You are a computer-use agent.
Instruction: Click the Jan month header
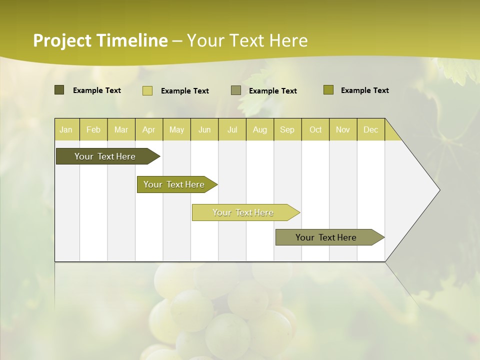click(66, 129)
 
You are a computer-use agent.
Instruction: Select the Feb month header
click(93, 129)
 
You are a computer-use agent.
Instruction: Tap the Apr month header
click(148, 129)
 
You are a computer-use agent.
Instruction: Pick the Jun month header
click(204, 129)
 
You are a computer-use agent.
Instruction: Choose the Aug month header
click(259, 129)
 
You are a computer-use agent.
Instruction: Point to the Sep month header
click(287, 129)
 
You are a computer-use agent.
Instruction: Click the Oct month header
click(315, 129)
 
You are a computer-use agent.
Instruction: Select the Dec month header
click(370, 129)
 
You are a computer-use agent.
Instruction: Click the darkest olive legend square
click(59, 90)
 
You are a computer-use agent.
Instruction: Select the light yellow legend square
click(147, 90)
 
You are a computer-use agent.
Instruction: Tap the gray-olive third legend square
click(235, 90)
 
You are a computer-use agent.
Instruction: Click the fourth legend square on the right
click(328, 90)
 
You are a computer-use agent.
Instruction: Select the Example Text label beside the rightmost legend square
click(364, 90)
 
